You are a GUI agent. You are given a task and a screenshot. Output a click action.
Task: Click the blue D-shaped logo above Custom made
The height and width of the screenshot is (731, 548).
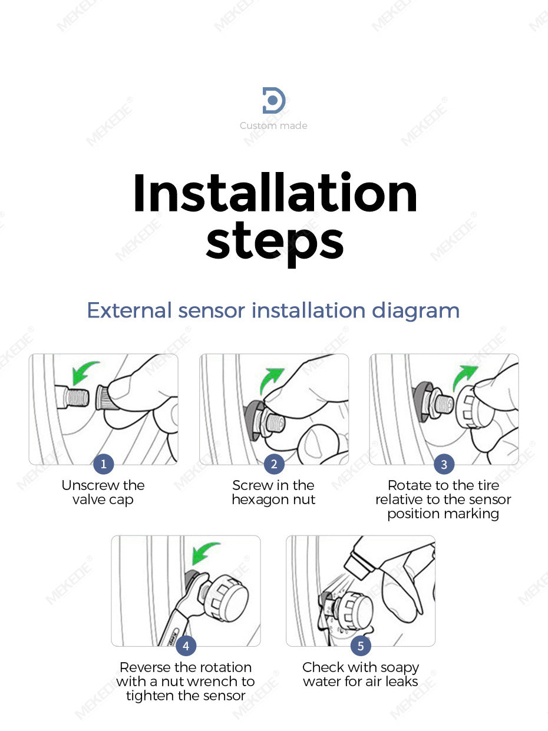click(x=274, y=100)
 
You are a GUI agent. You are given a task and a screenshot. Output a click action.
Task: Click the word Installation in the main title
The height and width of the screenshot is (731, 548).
click(x=275, y=193)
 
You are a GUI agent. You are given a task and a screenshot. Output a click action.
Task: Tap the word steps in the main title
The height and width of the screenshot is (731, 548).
click(x=275, y=243)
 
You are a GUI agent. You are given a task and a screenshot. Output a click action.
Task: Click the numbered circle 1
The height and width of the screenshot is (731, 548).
click(x=103, y=464)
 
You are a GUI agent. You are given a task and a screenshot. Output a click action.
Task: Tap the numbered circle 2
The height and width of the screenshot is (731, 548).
click(x=274, y=464)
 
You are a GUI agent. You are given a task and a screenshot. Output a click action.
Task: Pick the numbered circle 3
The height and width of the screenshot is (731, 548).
click(x=444, y=464)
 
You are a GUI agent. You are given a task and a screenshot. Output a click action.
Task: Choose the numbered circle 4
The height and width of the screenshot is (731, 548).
click(x=186, y=646)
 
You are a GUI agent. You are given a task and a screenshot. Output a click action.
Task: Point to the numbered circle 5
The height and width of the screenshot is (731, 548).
click(x=361, y=646)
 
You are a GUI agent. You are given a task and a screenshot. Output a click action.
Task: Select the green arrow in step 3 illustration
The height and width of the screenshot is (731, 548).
click(x=463, y=376)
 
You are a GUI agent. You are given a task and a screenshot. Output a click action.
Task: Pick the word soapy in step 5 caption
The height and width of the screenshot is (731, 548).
click(x=400, y=668)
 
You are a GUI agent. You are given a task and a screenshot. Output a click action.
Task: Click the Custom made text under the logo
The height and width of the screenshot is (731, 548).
click(x=273, y=125)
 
